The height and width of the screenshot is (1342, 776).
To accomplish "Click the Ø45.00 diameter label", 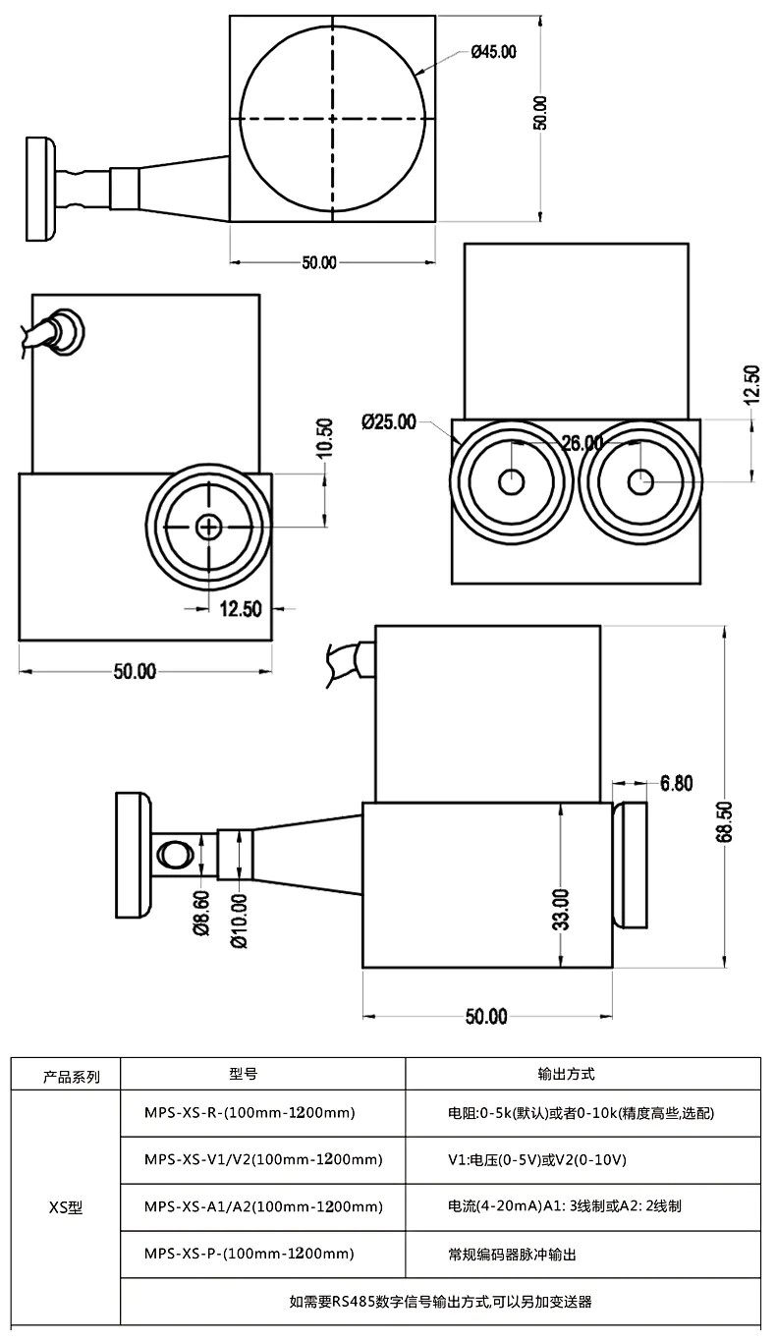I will coord(493,52).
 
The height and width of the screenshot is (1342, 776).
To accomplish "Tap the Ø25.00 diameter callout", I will coord(389,422).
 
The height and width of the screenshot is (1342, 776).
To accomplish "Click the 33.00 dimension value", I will coord(561,909).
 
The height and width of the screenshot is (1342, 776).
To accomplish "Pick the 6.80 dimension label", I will coord(677,783).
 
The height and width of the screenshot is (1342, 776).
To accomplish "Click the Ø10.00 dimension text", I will coord(239,921).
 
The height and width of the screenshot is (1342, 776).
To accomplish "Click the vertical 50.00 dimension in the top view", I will coord(540,114).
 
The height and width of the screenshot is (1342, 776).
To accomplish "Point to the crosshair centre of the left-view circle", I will coord(208,528).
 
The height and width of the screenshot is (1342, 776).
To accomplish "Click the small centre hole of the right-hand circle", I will coord(640,480).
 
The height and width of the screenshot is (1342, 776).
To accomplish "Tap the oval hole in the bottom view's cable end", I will coord(175,853).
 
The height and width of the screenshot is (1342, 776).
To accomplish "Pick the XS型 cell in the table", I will coord(66,1207).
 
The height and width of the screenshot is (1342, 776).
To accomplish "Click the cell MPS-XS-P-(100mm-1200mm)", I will coord(249,1254).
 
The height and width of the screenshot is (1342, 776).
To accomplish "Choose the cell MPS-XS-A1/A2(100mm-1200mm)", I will coord(262,1206).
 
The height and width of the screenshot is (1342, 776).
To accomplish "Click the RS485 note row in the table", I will coord(440,1302).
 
